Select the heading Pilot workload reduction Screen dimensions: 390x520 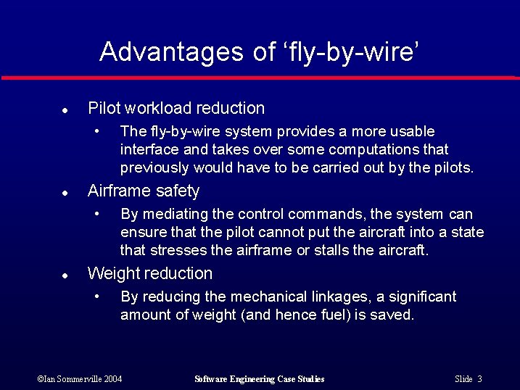pyautogui.click(x=176, y=109)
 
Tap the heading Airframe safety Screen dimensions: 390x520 pyautogui.click(x=143, y=191)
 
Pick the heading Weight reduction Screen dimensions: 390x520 pyautogui.click(x=149, y=274)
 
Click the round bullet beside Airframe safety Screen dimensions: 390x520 pyautogui.click(x=65, y=194)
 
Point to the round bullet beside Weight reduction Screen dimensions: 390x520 pyautogui.click(x=65, y=276)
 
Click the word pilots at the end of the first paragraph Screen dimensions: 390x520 pyautogui.click(x=454, y=168)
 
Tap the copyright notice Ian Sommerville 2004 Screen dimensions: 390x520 pyautogui.click(x=79, y=379)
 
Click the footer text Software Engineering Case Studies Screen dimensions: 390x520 pyautogui.click(x=260, y=379)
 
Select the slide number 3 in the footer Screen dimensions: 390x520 pyautogui.click(x=479, y=379)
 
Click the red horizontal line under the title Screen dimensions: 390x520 pyautogui.click(x=260, y=78)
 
